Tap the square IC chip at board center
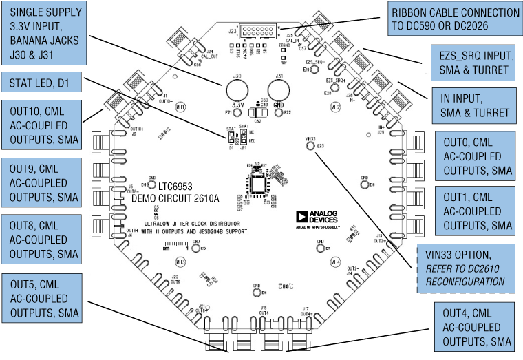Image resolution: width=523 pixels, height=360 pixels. (258, 186)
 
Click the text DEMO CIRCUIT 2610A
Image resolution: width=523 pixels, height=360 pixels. (175, 198)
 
